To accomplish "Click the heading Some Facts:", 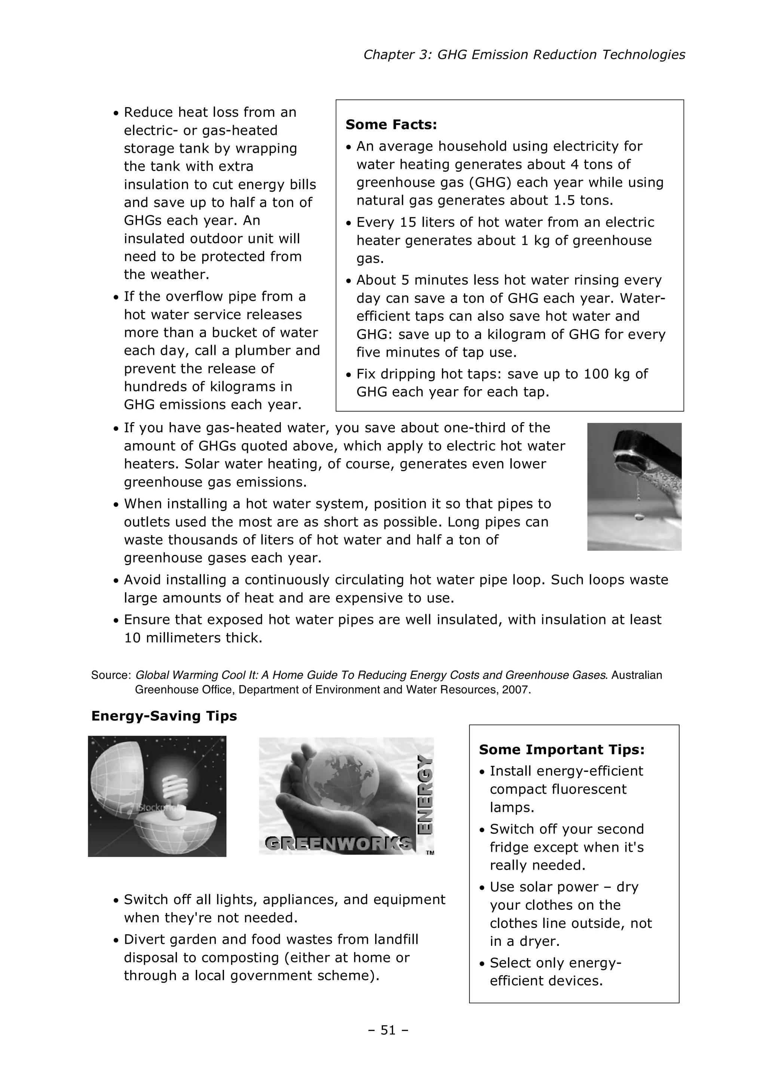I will click(x=391, y=125).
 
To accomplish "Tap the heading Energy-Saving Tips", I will click(x=164, y=716).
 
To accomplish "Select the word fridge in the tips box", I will click(x=510, y=848).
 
